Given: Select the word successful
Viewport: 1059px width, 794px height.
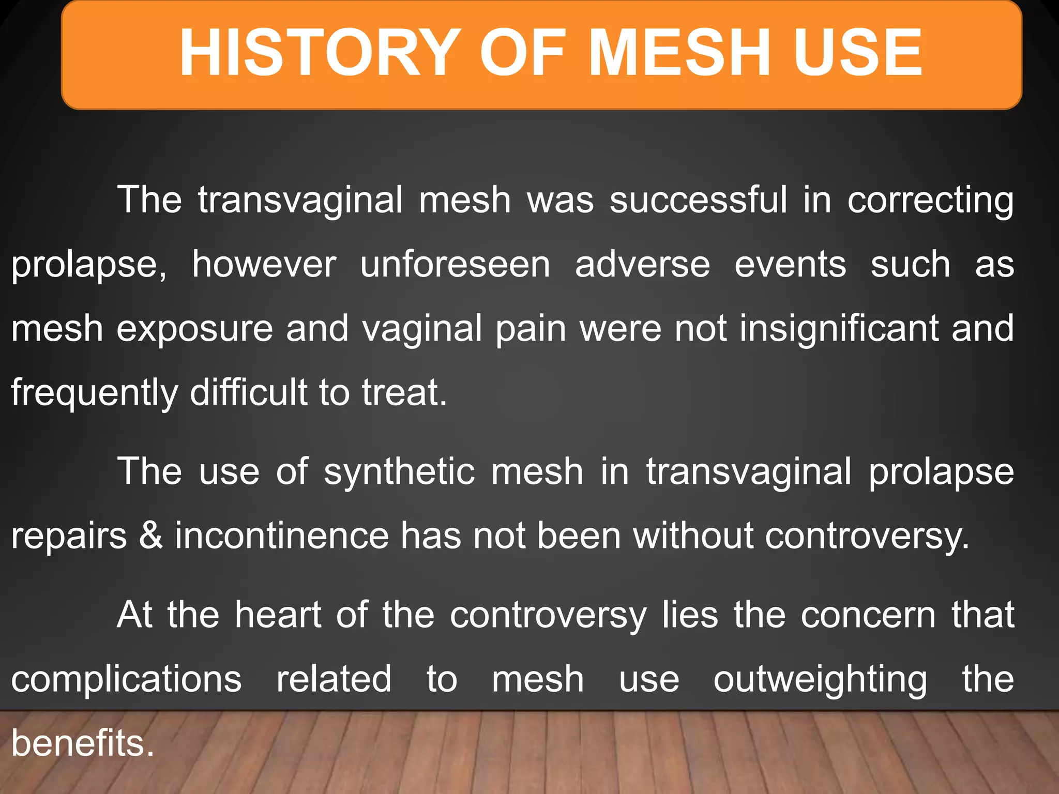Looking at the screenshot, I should (x=699, y=200).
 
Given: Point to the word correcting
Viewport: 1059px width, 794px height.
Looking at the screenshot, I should (x=930, y=200).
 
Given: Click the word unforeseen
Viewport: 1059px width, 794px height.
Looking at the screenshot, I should (x=455, y=264).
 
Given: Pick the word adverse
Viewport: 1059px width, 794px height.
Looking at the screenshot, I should (x=642, y=264).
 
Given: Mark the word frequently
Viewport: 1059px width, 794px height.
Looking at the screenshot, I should (x=94, y=392).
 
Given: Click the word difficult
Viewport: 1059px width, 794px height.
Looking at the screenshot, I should (x=249, y=392).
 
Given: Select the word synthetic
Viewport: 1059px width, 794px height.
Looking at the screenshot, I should (x=399, y=471).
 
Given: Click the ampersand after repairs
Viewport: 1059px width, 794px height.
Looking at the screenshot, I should (x=150, y=536).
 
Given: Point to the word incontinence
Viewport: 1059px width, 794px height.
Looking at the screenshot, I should (x=282, y=536).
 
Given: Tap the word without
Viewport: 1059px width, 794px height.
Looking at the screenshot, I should (x=693, y=536).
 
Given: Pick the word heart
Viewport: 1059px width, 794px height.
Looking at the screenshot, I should (x=278, y=615).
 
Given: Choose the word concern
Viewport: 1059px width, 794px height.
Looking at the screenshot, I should (x=868, y=615).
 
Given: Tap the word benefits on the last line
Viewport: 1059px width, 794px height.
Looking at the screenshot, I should (x=83, y=743).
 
